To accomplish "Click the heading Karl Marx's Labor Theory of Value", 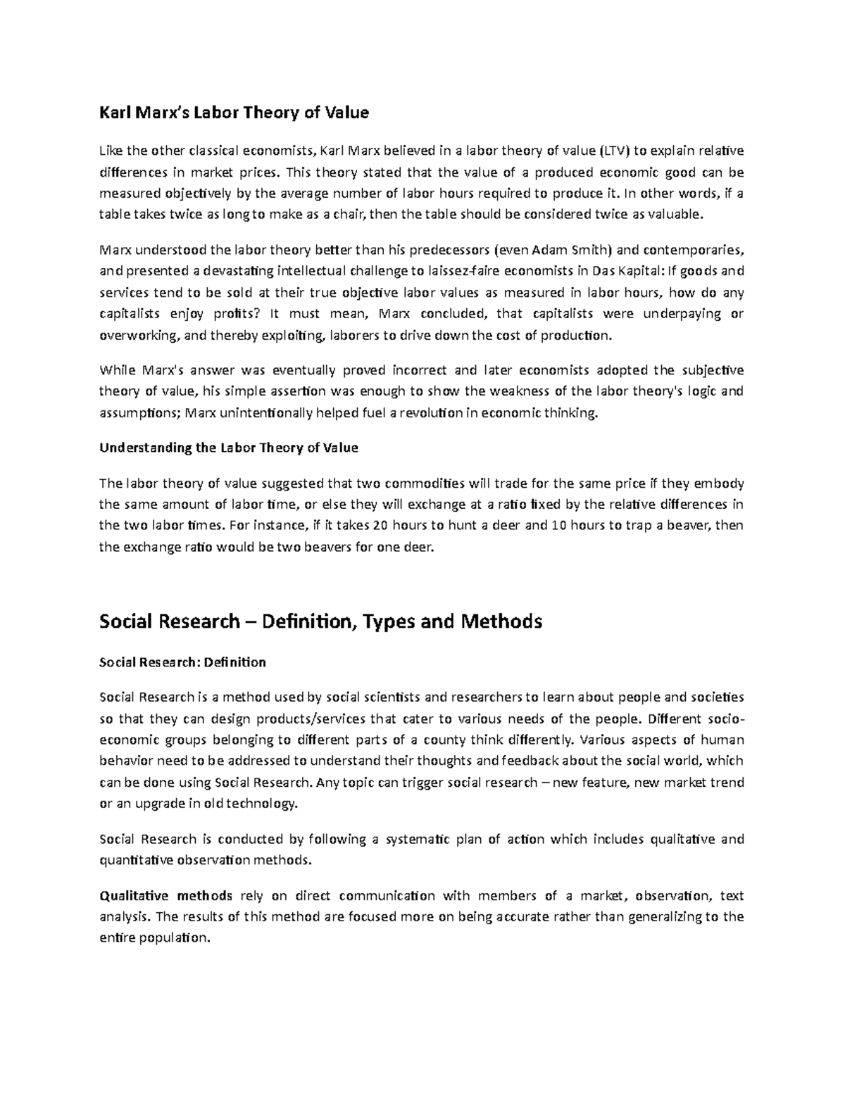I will (234, 113).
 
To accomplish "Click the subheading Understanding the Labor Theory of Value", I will (229, 448).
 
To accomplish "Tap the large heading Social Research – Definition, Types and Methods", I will (320, 621).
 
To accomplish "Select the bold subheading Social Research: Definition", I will (182, 662).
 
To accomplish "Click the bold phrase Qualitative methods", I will (165, 896).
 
